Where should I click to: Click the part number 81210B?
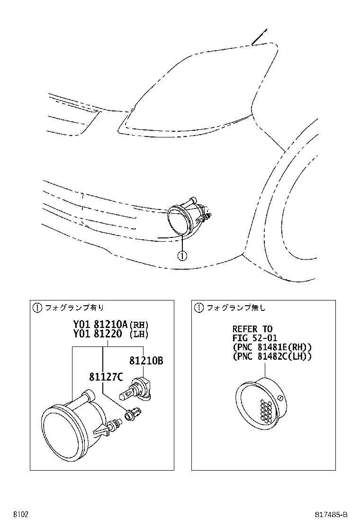tap(146, 361)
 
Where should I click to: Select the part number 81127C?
tap(106, 377)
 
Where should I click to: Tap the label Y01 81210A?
tap(99, 325)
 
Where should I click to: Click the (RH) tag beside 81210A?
tap(139, 325)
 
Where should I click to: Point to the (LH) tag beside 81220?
tap(139, 334)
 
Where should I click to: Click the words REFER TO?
tap(252, 329)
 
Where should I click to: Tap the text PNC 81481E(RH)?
tap(270, 347)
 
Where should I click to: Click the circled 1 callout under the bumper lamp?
tap(182, 255)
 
